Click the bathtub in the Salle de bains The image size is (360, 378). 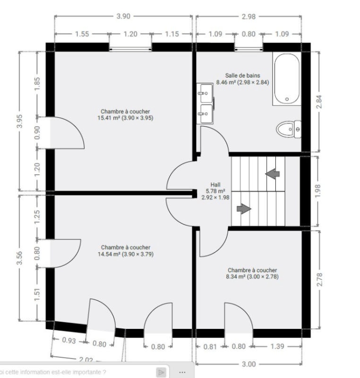tap(287, 78)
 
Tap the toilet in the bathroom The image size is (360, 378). tap(289, 129)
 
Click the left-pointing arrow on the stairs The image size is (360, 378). tap(272, 173)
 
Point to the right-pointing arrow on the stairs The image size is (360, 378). tap(244, 209)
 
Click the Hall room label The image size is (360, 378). tap(215, 185)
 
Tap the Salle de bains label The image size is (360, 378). tap(242, 76)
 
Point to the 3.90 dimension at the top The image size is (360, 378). tap(123, 16)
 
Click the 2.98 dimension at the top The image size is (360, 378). tap(249, 17)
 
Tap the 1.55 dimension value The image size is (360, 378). tap(82, 34)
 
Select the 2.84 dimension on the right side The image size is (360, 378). tap(319, 102)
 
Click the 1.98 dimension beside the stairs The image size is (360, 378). tap(318, 191)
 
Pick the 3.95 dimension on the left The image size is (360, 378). tap(20, 121)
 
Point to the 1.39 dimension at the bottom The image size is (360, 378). tap(277, 346)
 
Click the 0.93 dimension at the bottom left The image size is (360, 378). tap(69, 340)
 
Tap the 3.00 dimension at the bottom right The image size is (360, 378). tap(249, 364)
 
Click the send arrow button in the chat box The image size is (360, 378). tap(161, 372)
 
